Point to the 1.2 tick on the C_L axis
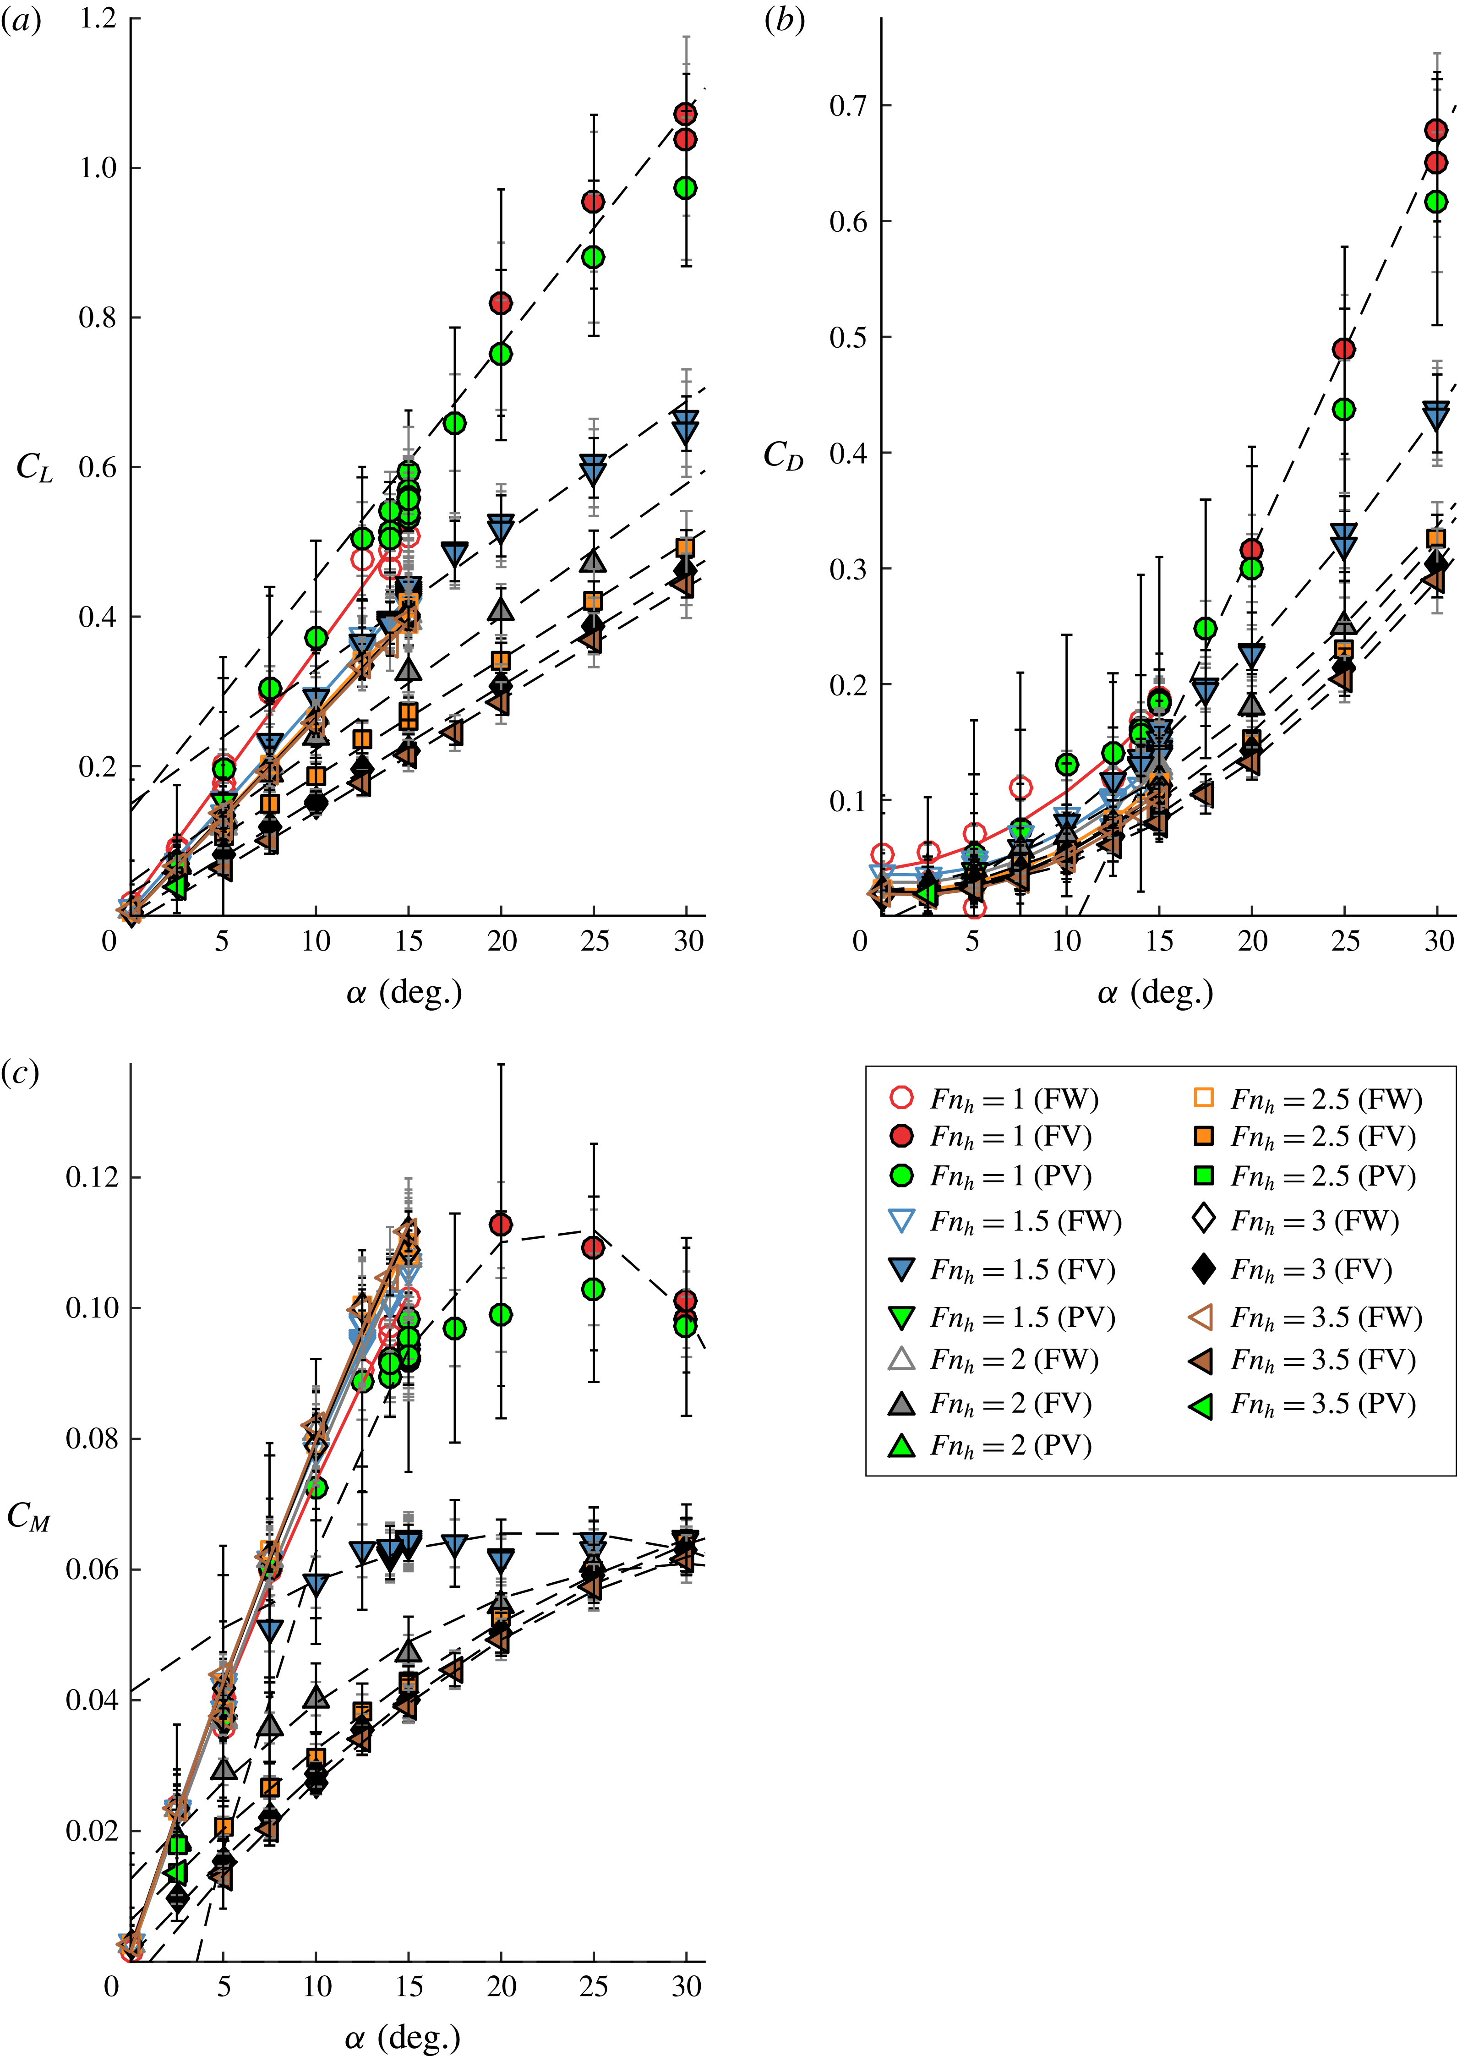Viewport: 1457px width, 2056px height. coord(98,18)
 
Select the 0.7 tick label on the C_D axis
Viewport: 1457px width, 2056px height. coord(848,106)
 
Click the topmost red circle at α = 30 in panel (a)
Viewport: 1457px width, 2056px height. coord(685,114)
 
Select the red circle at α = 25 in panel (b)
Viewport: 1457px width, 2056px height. coord(1343,349)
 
